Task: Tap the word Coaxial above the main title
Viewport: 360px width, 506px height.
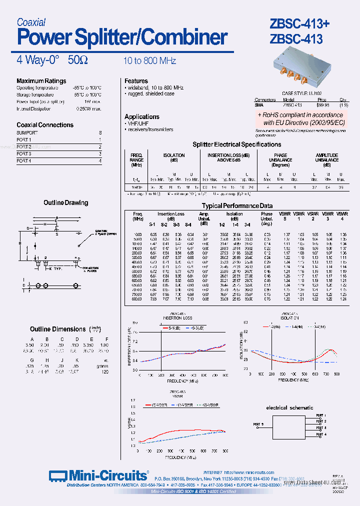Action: click(x=31, y=22)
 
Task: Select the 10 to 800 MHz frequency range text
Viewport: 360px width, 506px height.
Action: click(x=150, y=61)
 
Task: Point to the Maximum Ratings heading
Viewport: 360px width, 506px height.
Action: click(x=41, y=81)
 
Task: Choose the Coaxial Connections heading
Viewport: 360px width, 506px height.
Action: click(x=44, y=125)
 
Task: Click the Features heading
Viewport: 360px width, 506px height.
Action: click(x=136, y=81)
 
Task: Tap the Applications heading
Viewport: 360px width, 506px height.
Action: click(x=142, y=116)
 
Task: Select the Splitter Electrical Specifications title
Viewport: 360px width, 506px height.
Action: click(x=237, y=144)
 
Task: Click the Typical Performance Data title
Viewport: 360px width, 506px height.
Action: click(x=237, y=205)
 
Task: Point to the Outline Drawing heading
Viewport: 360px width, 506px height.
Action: click(x=65, y=202)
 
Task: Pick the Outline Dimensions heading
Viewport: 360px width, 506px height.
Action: click(x=58, y=329)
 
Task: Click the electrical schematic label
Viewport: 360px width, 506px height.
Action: click(x=289, y=408)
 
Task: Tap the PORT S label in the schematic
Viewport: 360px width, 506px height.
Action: click(x=258, y=424)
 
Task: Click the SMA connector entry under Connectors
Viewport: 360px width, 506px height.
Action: click(x=258, y=105)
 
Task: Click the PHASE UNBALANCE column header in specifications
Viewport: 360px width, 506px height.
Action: click(x=280, y=160)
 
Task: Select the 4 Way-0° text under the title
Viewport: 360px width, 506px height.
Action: click(x=38, y=60)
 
